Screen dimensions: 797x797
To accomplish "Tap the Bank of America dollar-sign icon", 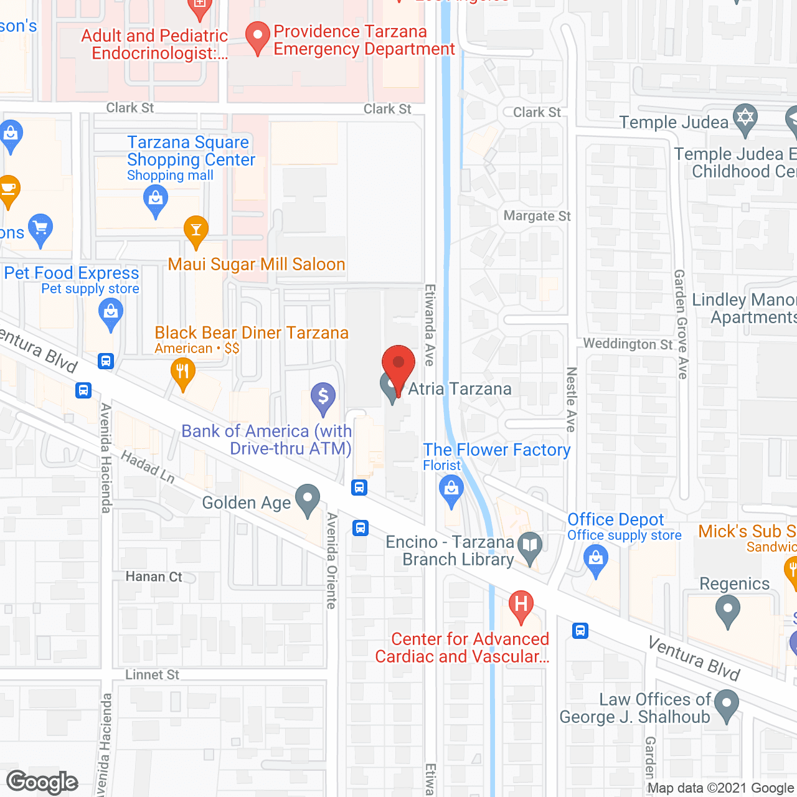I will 323,397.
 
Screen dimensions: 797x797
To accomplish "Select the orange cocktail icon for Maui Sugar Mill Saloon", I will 196,230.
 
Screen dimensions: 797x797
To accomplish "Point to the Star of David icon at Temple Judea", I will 745,118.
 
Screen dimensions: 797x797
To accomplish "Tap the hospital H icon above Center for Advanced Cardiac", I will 521,605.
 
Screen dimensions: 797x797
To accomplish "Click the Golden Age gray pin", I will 307,499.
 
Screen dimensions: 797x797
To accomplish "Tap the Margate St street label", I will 537,216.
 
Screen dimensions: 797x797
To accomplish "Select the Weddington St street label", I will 628,344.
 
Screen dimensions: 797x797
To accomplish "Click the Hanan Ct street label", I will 154,577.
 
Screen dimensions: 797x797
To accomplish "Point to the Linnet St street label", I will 152,675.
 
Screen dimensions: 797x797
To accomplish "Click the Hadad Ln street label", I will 148,466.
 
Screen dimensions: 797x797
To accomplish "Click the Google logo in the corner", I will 42,782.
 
